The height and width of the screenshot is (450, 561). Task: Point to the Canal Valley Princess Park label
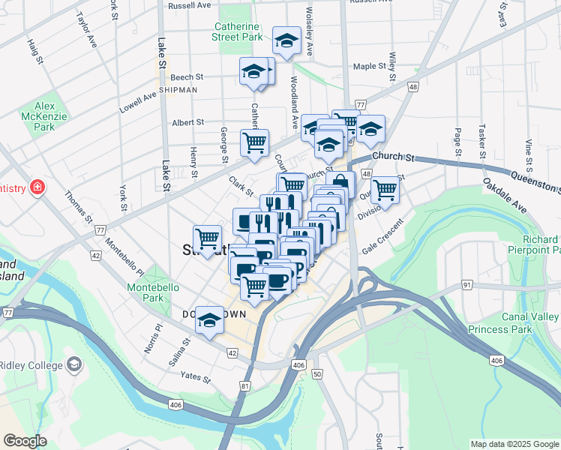514,323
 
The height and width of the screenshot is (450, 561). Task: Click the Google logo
25,441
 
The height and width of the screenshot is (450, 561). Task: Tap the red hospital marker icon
34,187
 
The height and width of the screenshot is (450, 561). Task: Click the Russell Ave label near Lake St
190,5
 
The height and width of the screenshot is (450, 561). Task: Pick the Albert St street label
187,122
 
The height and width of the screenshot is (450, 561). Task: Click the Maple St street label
368,66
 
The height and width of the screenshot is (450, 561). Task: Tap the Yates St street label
195,377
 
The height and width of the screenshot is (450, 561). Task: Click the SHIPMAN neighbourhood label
177,90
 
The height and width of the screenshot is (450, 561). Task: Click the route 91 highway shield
466,284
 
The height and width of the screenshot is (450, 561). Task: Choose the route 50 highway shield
317,373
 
